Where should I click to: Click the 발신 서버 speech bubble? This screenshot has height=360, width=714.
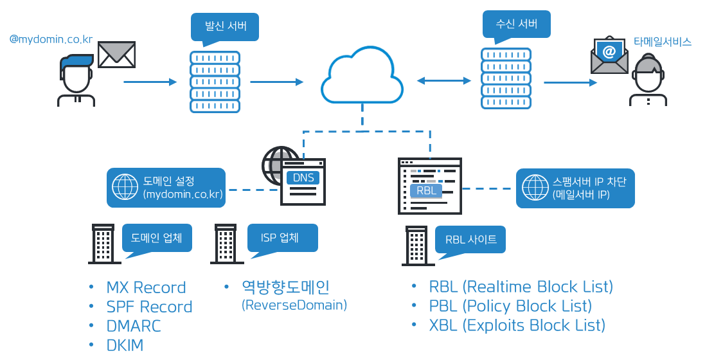click(222, 28)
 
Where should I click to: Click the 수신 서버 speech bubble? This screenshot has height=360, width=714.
click(516, 25)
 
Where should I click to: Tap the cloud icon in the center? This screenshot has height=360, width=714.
click(362, 79)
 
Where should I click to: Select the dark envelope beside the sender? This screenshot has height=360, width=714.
click(116, 55)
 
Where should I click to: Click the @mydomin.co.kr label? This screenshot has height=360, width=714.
click(51, 40)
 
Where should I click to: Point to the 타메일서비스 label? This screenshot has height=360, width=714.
click(662, 42)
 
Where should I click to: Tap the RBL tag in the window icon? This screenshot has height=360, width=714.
click(426, 191)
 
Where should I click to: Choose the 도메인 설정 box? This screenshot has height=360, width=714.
click(166, 188)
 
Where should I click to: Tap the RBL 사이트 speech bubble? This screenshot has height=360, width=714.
click(471, 240)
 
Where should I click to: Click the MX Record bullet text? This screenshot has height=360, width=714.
click(146, 287)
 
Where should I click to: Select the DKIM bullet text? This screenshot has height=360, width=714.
click(125, 345)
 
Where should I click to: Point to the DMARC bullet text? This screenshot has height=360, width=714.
click(134, 326)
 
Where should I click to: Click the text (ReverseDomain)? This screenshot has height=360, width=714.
click(294, 305)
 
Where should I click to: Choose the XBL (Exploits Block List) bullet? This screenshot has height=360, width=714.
click(517, 325)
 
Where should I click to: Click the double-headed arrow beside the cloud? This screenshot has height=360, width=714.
click(444, 80)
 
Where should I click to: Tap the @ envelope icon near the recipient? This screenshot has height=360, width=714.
click(609, 55)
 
